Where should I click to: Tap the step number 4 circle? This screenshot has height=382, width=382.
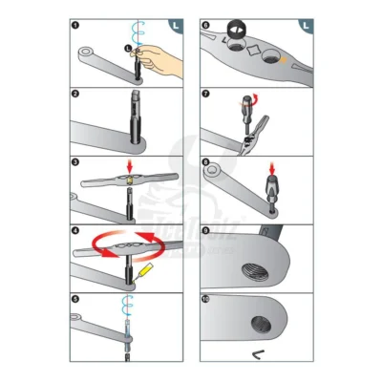click(74, 230)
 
